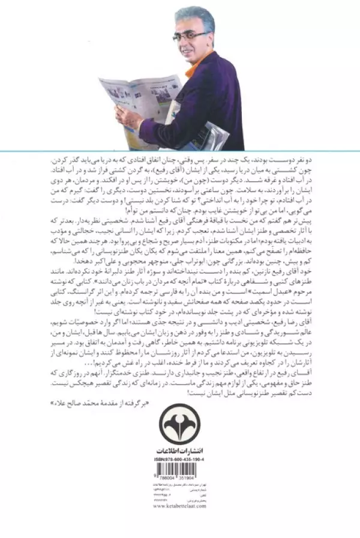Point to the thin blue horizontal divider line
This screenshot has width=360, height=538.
click(180, 150)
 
